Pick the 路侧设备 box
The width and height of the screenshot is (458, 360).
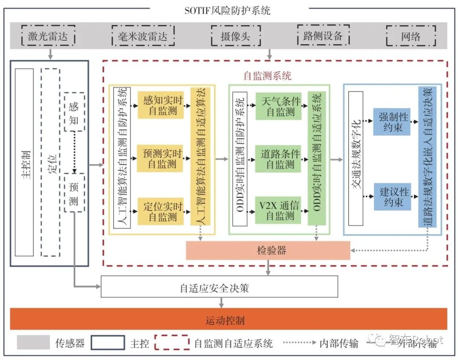pyautogui.click(x=323, y=36)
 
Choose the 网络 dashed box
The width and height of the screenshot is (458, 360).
pyautogui.click(x=410, y=37)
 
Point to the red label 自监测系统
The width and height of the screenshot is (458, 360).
pyautogui.click(x=268, y=76)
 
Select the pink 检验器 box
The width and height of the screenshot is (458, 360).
pyautogui.click(x=268, y=250)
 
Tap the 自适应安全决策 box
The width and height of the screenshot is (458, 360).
pyautogui.click(x=219, y=288)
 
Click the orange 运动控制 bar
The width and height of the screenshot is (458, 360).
pyautogui.click(x=229, y=319)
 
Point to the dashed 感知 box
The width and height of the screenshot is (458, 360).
pyautogui.click(x=74, y=112)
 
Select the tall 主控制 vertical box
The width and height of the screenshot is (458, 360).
pyautogui.click(x=24, y=163)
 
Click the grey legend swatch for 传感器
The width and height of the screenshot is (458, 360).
pyautogui.click(x=34, y=342)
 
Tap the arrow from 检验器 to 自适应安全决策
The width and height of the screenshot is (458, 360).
pyautogui.click(x=268, y=267)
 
